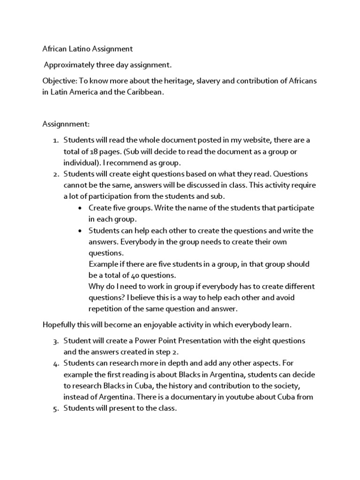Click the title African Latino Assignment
point(88,49)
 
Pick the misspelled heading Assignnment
point(66,124)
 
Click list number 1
point(54,140)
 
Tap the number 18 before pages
point(95,151)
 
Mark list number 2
point(54,174)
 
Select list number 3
point(54,341)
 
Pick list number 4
point(54,363)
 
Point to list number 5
point(54,408)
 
